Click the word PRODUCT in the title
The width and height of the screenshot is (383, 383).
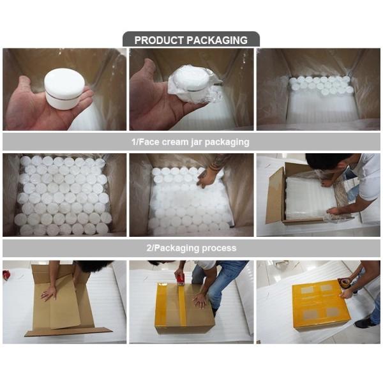[x=159, y=40]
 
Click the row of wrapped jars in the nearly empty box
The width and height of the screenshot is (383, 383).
[x=319, y=85]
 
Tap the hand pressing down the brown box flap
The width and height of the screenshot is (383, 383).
[x=48, y=292]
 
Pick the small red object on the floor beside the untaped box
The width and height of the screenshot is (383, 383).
[x=6, y=275]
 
